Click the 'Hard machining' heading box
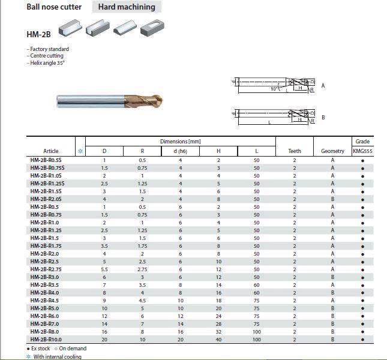point(127,7)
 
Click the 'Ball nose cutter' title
point(54,7)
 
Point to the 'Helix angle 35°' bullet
point(46,63)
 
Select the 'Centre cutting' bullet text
point(46,56)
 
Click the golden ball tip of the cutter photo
point(158,100)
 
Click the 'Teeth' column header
point(294,151)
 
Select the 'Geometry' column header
point(332,151)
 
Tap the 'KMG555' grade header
point(362,151)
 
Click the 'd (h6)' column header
point(180,151)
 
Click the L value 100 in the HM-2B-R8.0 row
point(257,332)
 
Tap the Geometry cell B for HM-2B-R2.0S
point(332,199)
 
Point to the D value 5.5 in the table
point(104,269)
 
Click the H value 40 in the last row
point(218,340)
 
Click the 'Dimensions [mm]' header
point(180,142)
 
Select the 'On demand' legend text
point(72,349)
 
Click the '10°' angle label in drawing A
point(274,89)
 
